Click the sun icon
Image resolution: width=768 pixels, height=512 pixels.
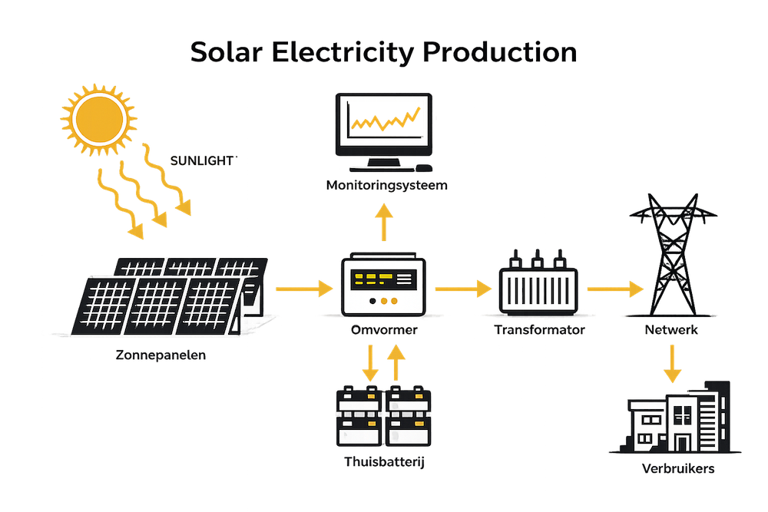(98, 117)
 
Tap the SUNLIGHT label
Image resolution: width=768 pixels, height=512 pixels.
(203, 161)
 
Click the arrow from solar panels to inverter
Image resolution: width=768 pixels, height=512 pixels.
(303, 289)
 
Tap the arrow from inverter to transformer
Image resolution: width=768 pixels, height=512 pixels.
(462, 289)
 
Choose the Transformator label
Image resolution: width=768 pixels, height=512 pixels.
(540, 330)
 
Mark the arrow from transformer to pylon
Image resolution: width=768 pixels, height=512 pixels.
(614, 289)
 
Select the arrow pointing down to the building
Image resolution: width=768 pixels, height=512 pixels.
(673, 365)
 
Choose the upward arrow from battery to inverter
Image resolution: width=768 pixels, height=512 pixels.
(396, 362)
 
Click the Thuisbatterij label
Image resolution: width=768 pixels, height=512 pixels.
(384, 462)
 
